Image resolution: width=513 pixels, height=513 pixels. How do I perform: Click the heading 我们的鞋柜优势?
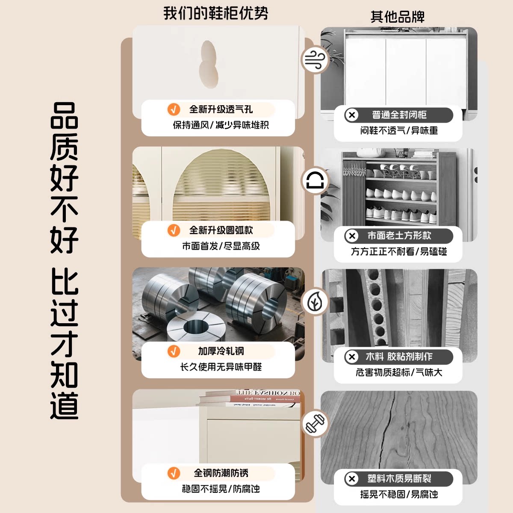pos(215,13)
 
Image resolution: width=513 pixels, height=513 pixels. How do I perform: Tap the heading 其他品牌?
pos(398,17)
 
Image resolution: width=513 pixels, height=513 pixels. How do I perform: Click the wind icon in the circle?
pos(315,59)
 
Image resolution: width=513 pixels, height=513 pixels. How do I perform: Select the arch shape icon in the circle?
pos(315,180)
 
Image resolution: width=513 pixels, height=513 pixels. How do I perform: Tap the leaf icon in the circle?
pos(315,302)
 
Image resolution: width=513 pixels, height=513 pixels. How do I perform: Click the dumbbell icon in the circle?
pos(315,423)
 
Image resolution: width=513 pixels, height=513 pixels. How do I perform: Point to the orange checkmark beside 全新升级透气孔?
pos(174,109)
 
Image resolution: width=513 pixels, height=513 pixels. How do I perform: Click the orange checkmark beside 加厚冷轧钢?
pos(174,351)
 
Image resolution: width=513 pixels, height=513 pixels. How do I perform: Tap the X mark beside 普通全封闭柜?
pos(352,115)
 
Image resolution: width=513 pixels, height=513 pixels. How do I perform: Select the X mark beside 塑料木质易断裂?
pos(352,479)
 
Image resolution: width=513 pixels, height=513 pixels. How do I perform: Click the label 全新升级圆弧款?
pos(221,230)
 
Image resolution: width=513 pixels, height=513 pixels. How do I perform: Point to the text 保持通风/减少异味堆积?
pos(221,125)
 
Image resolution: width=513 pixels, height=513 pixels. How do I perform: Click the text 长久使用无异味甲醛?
pos(221,367)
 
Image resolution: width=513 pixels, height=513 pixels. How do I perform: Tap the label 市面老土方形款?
pos(399,236)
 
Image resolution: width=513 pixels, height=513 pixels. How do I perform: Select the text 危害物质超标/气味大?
pos(399,372)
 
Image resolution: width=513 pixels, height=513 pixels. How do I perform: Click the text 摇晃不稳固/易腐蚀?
pos(399,494)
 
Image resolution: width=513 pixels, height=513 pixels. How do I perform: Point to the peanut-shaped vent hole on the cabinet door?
pos(209,65)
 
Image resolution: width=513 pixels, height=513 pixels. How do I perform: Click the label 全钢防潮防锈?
pos(221,473)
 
